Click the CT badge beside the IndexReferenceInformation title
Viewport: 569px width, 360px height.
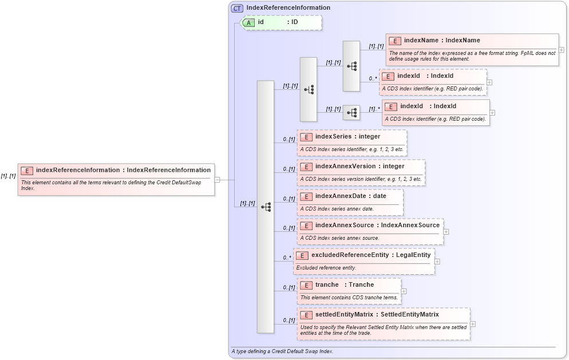237,8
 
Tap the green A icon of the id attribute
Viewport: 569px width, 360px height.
249,22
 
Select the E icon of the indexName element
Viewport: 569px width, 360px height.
395,41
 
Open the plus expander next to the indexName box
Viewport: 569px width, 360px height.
562,50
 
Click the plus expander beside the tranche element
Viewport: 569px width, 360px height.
404,291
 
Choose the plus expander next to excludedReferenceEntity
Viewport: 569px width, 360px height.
437,261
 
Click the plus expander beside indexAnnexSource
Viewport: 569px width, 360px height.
446,232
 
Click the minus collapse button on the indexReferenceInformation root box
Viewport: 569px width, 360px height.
218,180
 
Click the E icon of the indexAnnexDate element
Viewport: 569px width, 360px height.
306,196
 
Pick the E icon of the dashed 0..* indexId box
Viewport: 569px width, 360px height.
388,76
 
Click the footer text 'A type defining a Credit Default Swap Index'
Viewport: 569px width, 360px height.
282,351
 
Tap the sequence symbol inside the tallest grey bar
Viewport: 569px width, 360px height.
266,207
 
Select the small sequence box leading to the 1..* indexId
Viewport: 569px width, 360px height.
351,113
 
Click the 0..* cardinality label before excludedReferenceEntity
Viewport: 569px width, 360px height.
287,258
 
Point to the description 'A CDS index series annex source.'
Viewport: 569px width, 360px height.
339,238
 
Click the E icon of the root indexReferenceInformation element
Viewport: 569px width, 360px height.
27,170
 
